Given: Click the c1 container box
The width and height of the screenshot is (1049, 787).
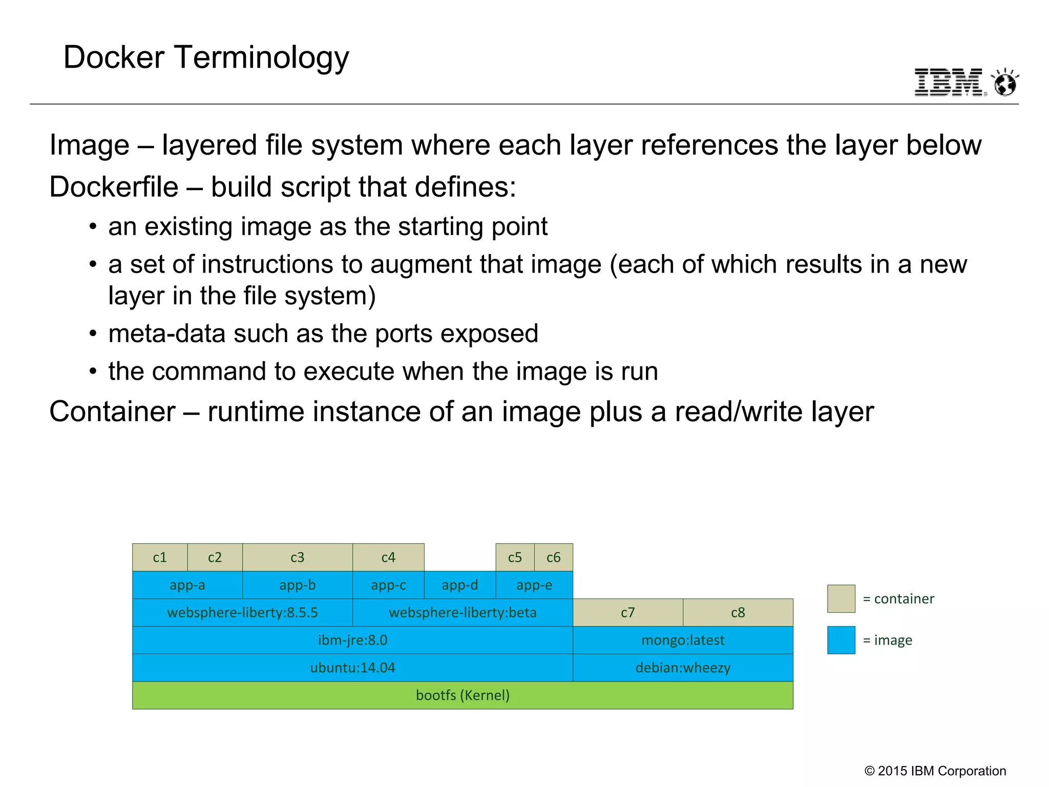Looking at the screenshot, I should (x=160, y=557).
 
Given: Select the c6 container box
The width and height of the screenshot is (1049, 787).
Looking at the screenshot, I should (x=553, y=557).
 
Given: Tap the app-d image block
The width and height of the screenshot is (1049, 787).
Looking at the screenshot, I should (x=459, y=585).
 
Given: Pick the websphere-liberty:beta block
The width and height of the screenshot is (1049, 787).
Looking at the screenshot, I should (x=463, y=613).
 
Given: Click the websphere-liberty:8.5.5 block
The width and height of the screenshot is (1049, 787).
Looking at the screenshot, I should (x=242, y=613).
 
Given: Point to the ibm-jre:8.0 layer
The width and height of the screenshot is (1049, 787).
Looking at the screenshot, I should (x=352, y=640).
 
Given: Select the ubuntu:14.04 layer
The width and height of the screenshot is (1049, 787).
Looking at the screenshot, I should (x=352, y=668).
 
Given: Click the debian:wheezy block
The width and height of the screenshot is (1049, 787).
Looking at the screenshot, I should (x=683, y=668).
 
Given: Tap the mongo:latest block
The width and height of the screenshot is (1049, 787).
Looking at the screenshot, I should (x=683, y=640).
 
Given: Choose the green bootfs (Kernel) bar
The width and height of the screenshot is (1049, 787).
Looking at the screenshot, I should (x=463, y=695).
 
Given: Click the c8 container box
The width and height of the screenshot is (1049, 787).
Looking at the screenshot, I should (x=738, y=613).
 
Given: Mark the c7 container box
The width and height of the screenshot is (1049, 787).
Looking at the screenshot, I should (x=627, y=613).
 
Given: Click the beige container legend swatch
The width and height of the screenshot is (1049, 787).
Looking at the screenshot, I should (x=841, y=598).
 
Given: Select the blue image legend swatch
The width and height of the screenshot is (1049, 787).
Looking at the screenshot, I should (x=841, y=640).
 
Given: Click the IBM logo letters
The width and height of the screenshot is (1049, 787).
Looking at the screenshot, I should (x=948, y=82).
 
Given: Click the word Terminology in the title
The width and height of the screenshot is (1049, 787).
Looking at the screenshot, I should (x=262, y=57).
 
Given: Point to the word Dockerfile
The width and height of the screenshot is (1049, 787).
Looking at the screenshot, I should (x=114, y=187).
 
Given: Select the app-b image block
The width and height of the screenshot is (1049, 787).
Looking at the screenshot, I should (x=297, y=585).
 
